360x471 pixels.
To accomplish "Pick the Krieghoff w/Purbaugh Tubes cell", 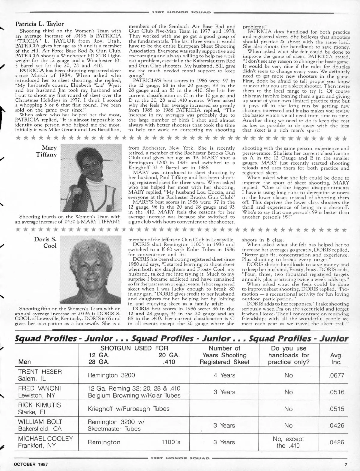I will point(129,409).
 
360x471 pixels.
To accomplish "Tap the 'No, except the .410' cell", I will point(288,442).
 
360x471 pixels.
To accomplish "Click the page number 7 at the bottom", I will point(346,464).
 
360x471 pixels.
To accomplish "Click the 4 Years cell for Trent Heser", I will point(224,375).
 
